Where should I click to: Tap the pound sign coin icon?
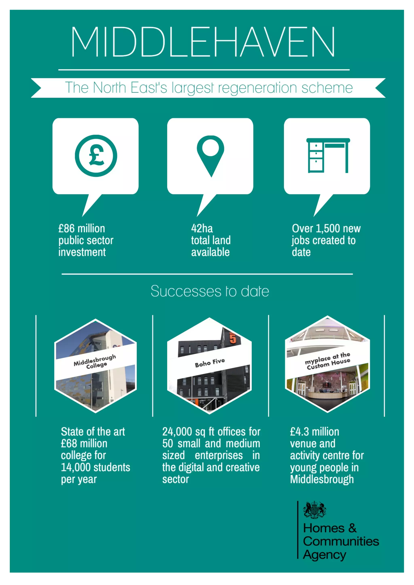click(x=96, y=156)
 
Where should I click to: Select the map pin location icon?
click(x=210, y=154)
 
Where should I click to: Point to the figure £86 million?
click(x=81, y=229)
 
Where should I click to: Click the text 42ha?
click(x=202, y=229)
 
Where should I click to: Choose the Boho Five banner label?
click(x=210, y=363)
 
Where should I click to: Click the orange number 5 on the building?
click(x=233, y=338)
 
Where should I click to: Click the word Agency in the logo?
click(x=324, y=555)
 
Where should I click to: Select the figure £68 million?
click(x=84, y=443)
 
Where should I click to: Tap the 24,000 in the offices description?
click(x=177, y=432)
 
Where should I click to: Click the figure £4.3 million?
click(x=314, y=432)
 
